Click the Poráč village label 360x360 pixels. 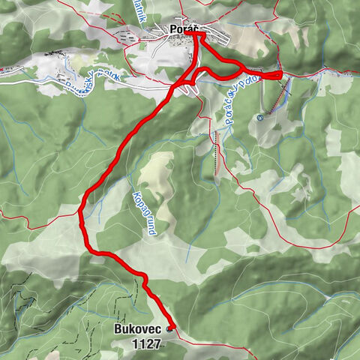point(183,29)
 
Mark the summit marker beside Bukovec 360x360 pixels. point(171,328)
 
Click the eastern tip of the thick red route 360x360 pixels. point(280,74)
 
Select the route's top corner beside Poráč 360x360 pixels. point(196,34)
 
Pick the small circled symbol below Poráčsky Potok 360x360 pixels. point(259,117)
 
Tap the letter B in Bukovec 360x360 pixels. point(118,329)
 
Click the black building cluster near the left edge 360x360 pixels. point(52,53)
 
